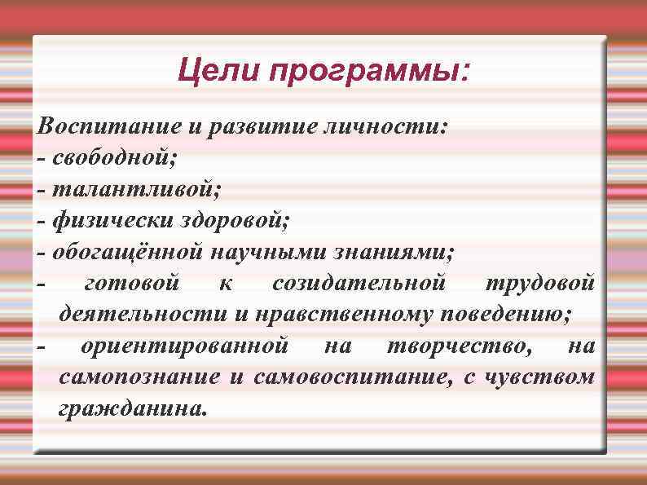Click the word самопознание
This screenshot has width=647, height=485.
[139, 377]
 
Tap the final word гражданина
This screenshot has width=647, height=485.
[133, 408]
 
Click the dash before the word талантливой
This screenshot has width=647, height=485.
[42, 190]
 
